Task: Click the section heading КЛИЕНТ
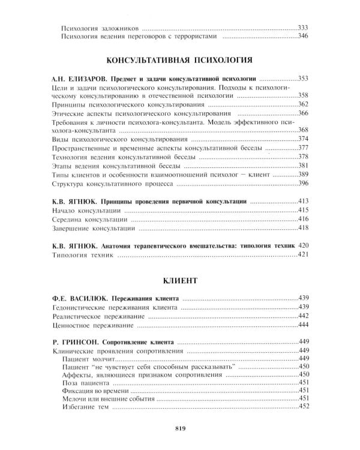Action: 179,280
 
